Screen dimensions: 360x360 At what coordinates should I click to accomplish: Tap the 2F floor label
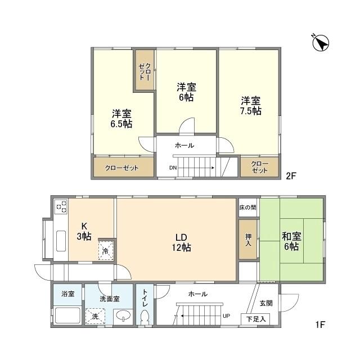click(x=290, y=175)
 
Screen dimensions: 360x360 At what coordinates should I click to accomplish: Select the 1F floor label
click(x=320, y=325)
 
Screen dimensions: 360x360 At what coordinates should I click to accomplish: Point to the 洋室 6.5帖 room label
click(x=121, y=118)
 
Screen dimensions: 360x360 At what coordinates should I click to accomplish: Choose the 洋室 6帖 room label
click(x=186, y=92)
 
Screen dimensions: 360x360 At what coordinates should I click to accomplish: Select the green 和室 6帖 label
click(x=291, y=241)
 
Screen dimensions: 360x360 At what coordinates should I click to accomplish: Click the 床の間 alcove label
click(x=248, y=208)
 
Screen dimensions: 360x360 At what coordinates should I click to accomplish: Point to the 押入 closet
click(x=248, y=239)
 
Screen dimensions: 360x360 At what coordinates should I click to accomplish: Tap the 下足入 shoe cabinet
click(x=255, y=319)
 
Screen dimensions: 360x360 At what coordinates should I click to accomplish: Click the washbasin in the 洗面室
click(x=121, y=317)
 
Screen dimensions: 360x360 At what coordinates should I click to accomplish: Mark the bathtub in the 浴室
click(x=67, y=316)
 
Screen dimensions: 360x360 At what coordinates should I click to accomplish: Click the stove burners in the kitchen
click(x=60, y=208)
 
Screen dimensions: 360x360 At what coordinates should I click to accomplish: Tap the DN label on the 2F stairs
click(x=173, y=168)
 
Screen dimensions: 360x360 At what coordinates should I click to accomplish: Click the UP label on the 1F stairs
click(x=226, y=316)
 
